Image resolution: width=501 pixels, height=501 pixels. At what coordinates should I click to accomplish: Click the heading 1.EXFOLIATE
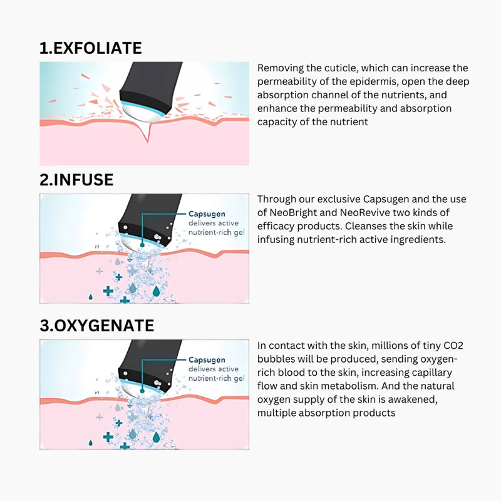(x=91, y=48)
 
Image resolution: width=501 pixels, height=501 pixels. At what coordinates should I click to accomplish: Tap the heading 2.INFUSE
(x=76, y=180)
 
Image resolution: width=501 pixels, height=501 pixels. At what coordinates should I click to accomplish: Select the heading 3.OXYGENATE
(x=96, y=326)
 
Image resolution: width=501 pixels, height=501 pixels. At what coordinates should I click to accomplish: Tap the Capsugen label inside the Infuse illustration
(x=207, y=215)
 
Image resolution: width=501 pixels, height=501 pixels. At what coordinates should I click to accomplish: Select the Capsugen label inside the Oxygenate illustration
(x=207, y=360)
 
